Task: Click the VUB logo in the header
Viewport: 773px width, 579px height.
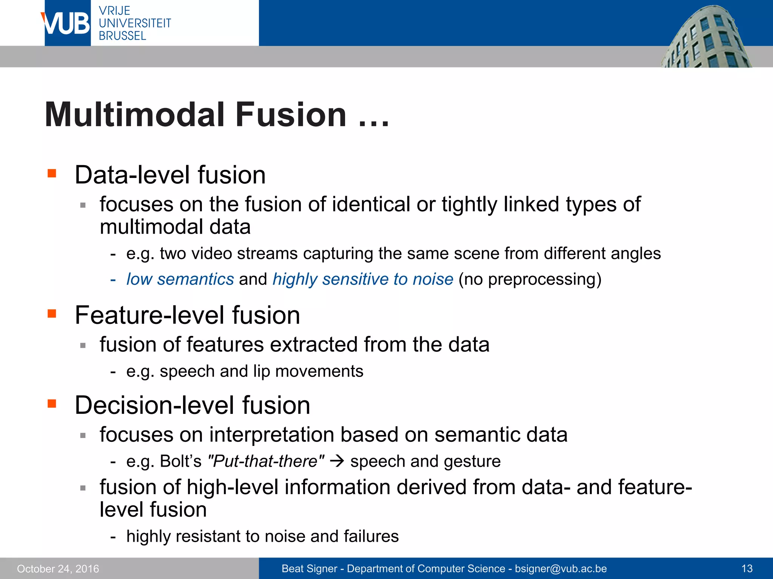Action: (x=67, y=23)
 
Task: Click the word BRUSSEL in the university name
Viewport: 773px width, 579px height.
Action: (x=122, y=36)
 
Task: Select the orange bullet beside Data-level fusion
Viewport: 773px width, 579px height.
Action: (x=52, y=173)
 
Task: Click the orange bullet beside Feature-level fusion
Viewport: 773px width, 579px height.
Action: (x=52, y=314)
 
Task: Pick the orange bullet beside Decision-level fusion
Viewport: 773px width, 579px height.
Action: (x=52, y=404)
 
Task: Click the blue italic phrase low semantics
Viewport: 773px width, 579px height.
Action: (x=180, y=279)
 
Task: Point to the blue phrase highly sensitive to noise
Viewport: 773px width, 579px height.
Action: (x=363, y=279)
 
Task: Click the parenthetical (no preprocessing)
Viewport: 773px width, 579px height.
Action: (x=530, y=279)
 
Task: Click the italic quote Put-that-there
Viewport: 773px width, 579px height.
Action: (x=266, y=461)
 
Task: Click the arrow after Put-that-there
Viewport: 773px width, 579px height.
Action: (x=337, y=461)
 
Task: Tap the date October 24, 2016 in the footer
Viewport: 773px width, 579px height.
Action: (x=58, y=568)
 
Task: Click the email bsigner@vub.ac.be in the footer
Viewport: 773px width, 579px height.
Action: (x=561, y=568)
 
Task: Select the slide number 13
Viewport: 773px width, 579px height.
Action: (x=747, y=568)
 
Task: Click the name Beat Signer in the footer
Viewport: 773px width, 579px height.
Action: (x=309, y=568)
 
